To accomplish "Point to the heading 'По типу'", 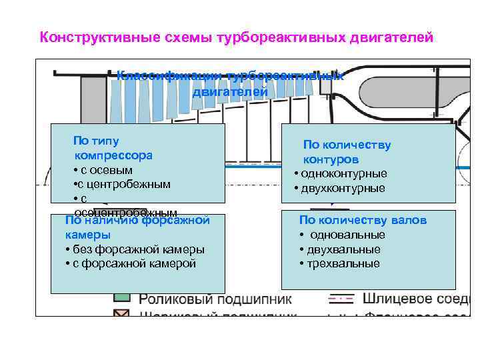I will (x=96, y=141).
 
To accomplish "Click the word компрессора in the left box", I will (x=113, y=155).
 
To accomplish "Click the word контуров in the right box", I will (x=331, y=159).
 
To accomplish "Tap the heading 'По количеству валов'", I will (x=363, y=220).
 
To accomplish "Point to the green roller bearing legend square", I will (x=121, y=297).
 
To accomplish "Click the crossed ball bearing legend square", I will (x=121, y=313).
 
